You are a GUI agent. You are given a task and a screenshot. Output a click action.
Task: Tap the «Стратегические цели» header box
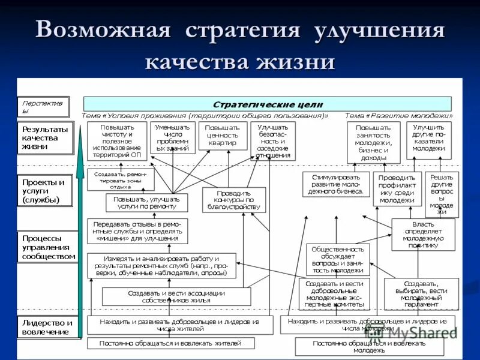click(267, 103)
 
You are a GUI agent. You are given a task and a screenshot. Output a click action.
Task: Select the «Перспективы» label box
click(43, 107)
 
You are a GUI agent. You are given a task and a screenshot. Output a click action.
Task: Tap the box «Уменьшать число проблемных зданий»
click(173, 138)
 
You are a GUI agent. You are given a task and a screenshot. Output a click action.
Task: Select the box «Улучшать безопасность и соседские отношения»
click(272, 141)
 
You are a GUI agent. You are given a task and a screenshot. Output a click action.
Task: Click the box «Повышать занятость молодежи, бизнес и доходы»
click(373, 142)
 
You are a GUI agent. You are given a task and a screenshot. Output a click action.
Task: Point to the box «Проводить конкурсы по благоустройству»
click(233, 200)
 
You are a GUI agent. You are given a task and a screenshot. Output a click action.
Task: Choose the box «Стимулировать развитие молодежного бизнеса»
click(336, 184)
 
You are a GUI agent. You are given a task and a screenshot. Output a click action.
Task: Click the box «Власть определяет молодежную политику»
click(423, 234)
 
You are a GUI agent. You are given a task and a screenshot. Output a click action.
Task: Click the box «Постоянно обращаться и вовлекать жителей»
click(170, 343)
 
